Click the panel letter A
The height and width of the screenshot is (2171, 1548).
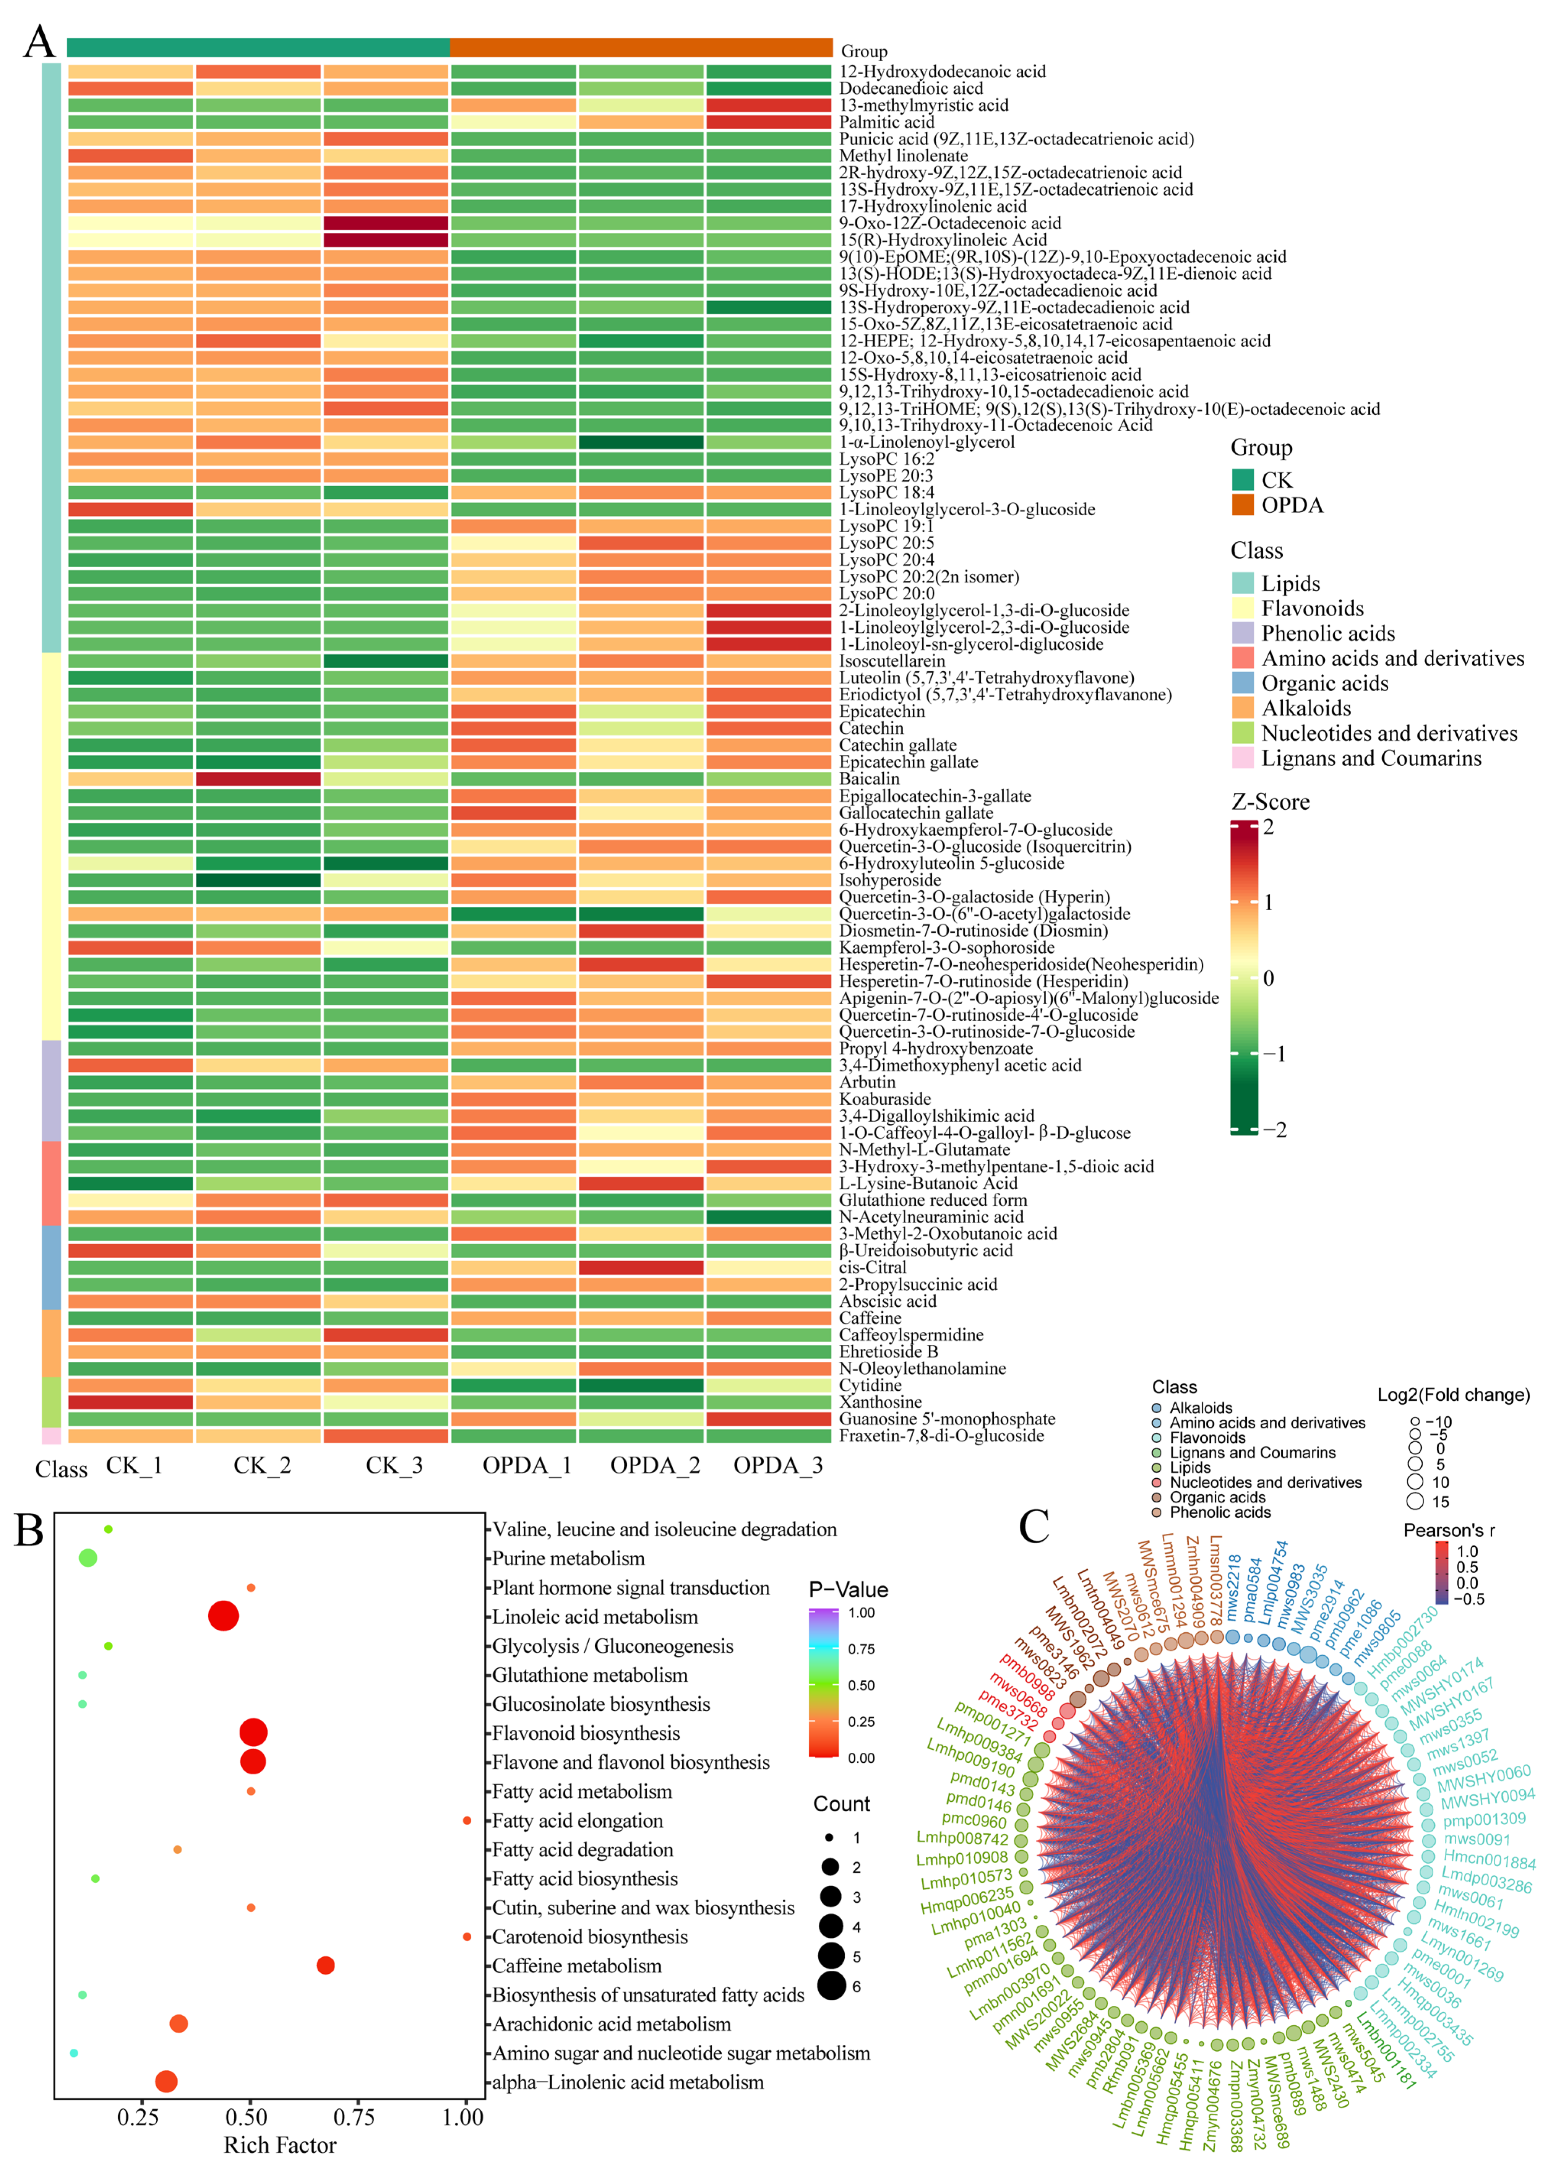(39, 42)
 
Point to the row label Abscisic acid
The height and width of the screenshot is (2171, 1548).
(888, 1301)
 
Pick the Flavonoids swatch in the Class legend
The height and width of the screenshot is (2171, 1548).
(1242, 608)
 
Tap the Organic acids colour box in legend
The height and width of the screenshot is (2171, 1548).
(1242, 683)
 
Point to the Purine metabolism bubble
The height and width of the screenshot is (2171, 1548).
(88, 1558)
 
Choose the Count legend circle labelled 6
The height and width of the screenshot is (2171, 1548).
(831, 1986)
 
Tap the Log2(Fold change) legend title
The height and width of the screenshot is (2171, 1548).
(1453, 1395)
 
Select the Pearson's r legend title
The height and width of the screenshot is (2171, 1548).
(1449, 1530)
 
